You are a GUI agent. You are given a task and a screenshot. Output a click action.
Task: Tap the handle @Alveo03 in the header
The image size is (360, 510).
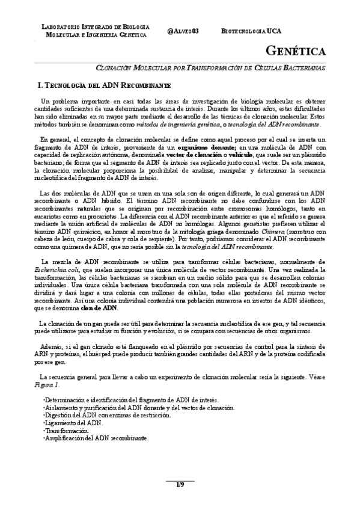click(x=184, y=31)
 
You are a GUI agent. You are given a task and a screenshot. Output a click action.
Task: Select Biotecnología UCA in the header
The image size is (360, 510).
click(x=251, y=31)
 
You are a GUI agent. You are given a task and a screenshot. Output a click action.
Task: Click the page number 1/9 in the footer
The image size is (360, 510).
click(x=180, y=485)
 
